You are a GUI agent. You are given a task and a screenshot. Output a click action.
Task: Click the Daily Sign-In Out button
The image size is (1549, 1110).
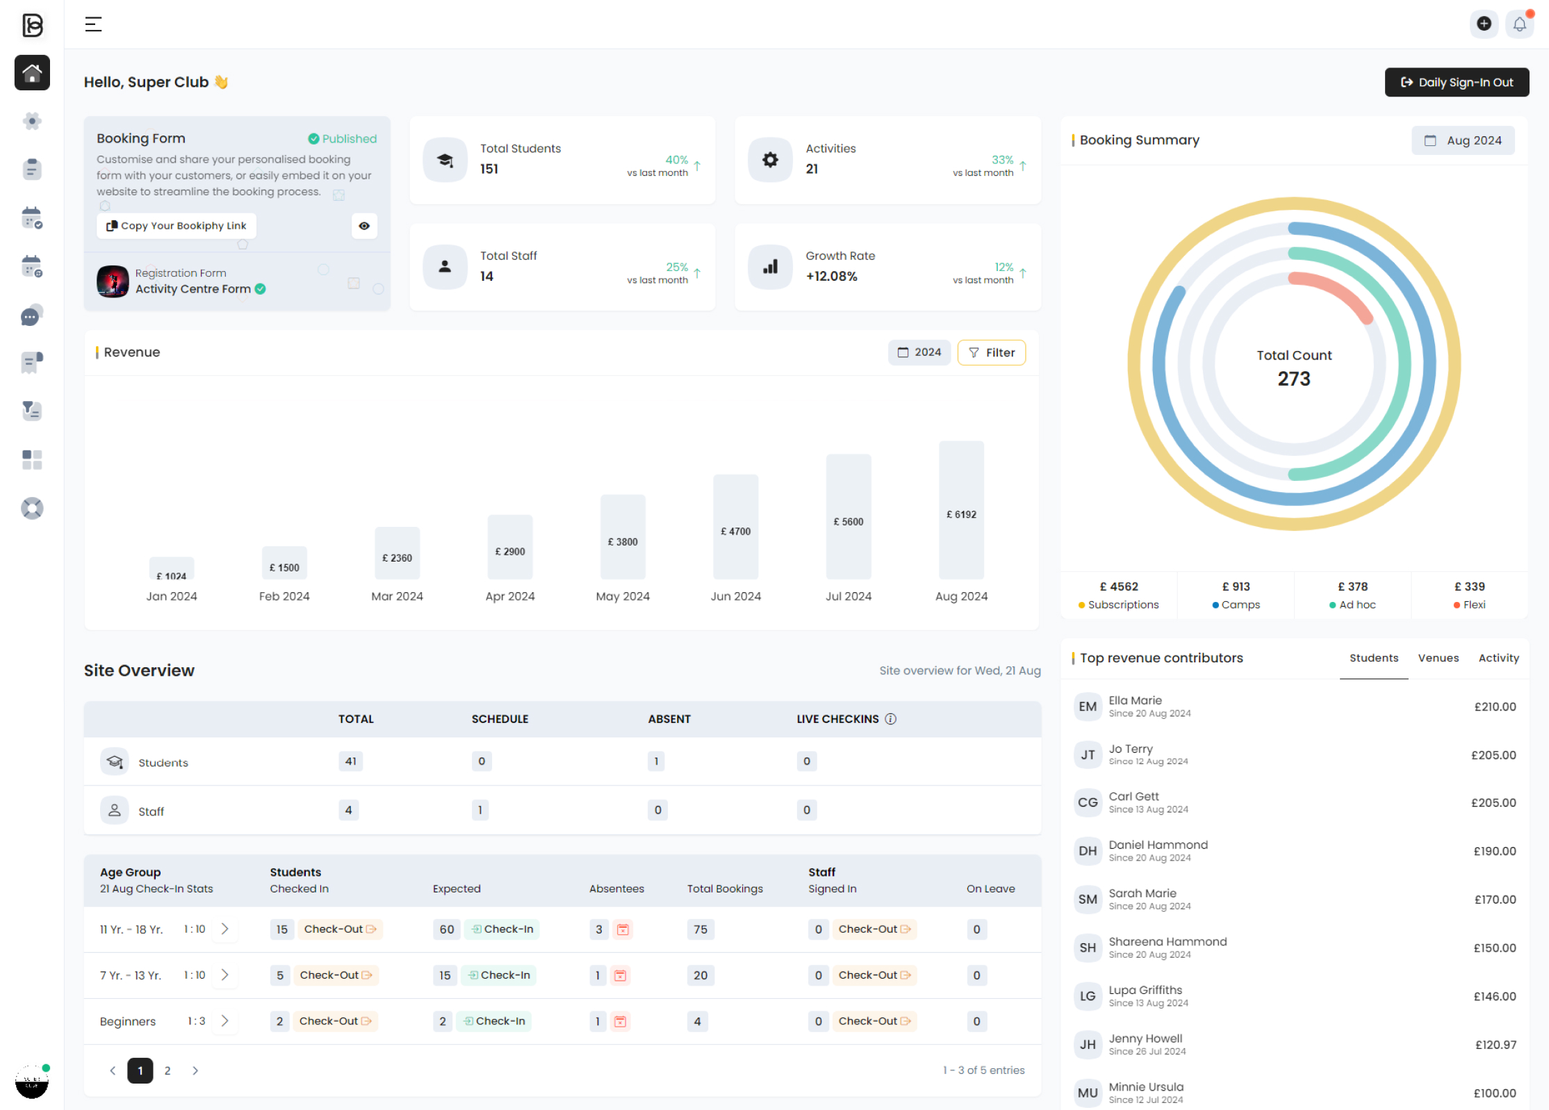[1456, 82]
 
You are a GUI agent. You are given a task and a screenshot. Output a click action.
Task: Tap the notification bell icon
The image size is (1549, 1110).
[1519, 24]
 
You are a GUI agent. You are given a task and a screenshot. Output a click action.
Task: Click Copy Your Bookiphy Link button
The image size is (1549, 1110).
[177, 226]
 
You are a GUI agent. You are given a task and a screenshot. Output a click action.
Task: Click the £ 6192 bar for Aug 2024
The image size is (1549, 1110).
[960, 511]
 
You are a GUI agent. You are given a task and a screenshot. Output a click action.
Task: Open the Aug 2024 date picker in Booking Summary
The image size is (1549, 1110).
[1463, 140]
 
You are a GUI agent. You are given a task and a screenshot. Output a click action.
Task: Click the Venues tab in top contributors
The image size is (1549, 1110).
[1438, 658]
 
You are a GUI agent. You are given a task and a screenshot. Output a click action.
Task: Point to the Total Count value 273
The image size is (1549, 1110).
[1293, 379]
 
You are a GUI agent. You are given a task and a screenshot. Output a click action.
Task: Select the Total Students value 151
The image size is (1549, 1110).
[489, 169]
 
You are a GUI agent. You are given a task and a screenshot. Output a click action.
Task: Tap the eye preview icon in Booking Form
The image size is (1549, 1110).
[364, 226]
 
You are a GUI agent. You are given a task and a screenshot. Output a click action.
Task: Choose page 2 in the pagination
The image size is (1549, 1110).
[167, 1070]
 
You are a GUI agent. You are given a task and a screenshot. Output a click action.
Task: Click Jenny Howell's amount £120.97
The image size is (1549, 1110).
[1495, 1045]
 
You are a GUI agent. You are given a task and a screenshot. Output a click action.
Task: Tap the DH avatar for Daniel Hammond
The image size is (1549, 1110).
[1087, 851]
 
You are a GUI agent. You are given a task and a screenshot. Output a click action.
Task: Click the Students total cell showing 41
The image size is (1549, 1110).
[351, 761]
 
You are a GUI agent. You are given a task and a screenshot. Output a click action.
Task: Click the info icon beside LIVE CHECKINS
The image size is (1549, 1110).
[890, 719]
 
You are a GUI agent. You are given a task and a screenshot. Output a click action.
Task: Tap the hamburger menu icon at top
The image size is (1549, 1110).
[93, 24]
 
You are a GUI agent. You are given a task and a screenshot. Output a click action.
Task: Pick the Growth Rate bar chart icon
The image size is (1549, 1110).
[770, 267]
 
